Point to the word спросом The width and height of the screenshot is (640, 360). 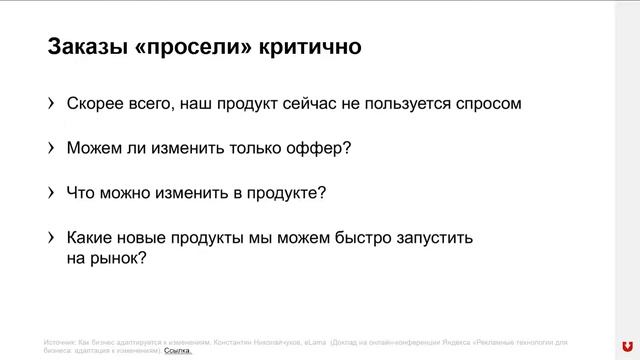[x=485, y=103]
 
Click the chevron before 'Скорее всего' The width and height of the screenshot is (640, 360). [x=51, y=103]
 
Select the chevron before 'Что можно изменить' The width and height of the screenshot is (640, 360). [x=51, y=193]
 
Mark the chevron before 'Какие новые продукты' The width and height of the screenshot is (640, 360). [x=51, y=239]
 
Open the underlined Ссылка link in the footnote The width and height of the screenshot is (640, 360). [x=177, y=351]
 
